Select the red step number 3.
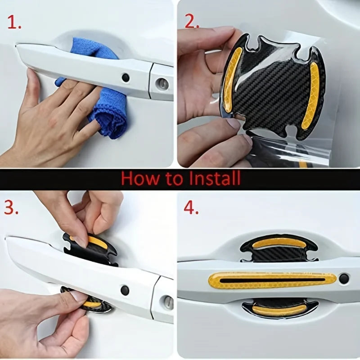click(x=12, y=207)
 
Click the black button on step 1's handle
click(x=126, y=77)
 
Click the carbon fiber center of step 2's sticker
click(x=270, y=90)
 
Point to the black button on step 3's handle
click(x=125, y=290)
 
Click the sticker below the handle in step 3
click(x=88, y=302)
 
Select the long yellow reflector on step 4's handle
click(x=272, y=280)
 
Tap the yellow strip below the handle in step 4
click(x=280, y=310)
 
